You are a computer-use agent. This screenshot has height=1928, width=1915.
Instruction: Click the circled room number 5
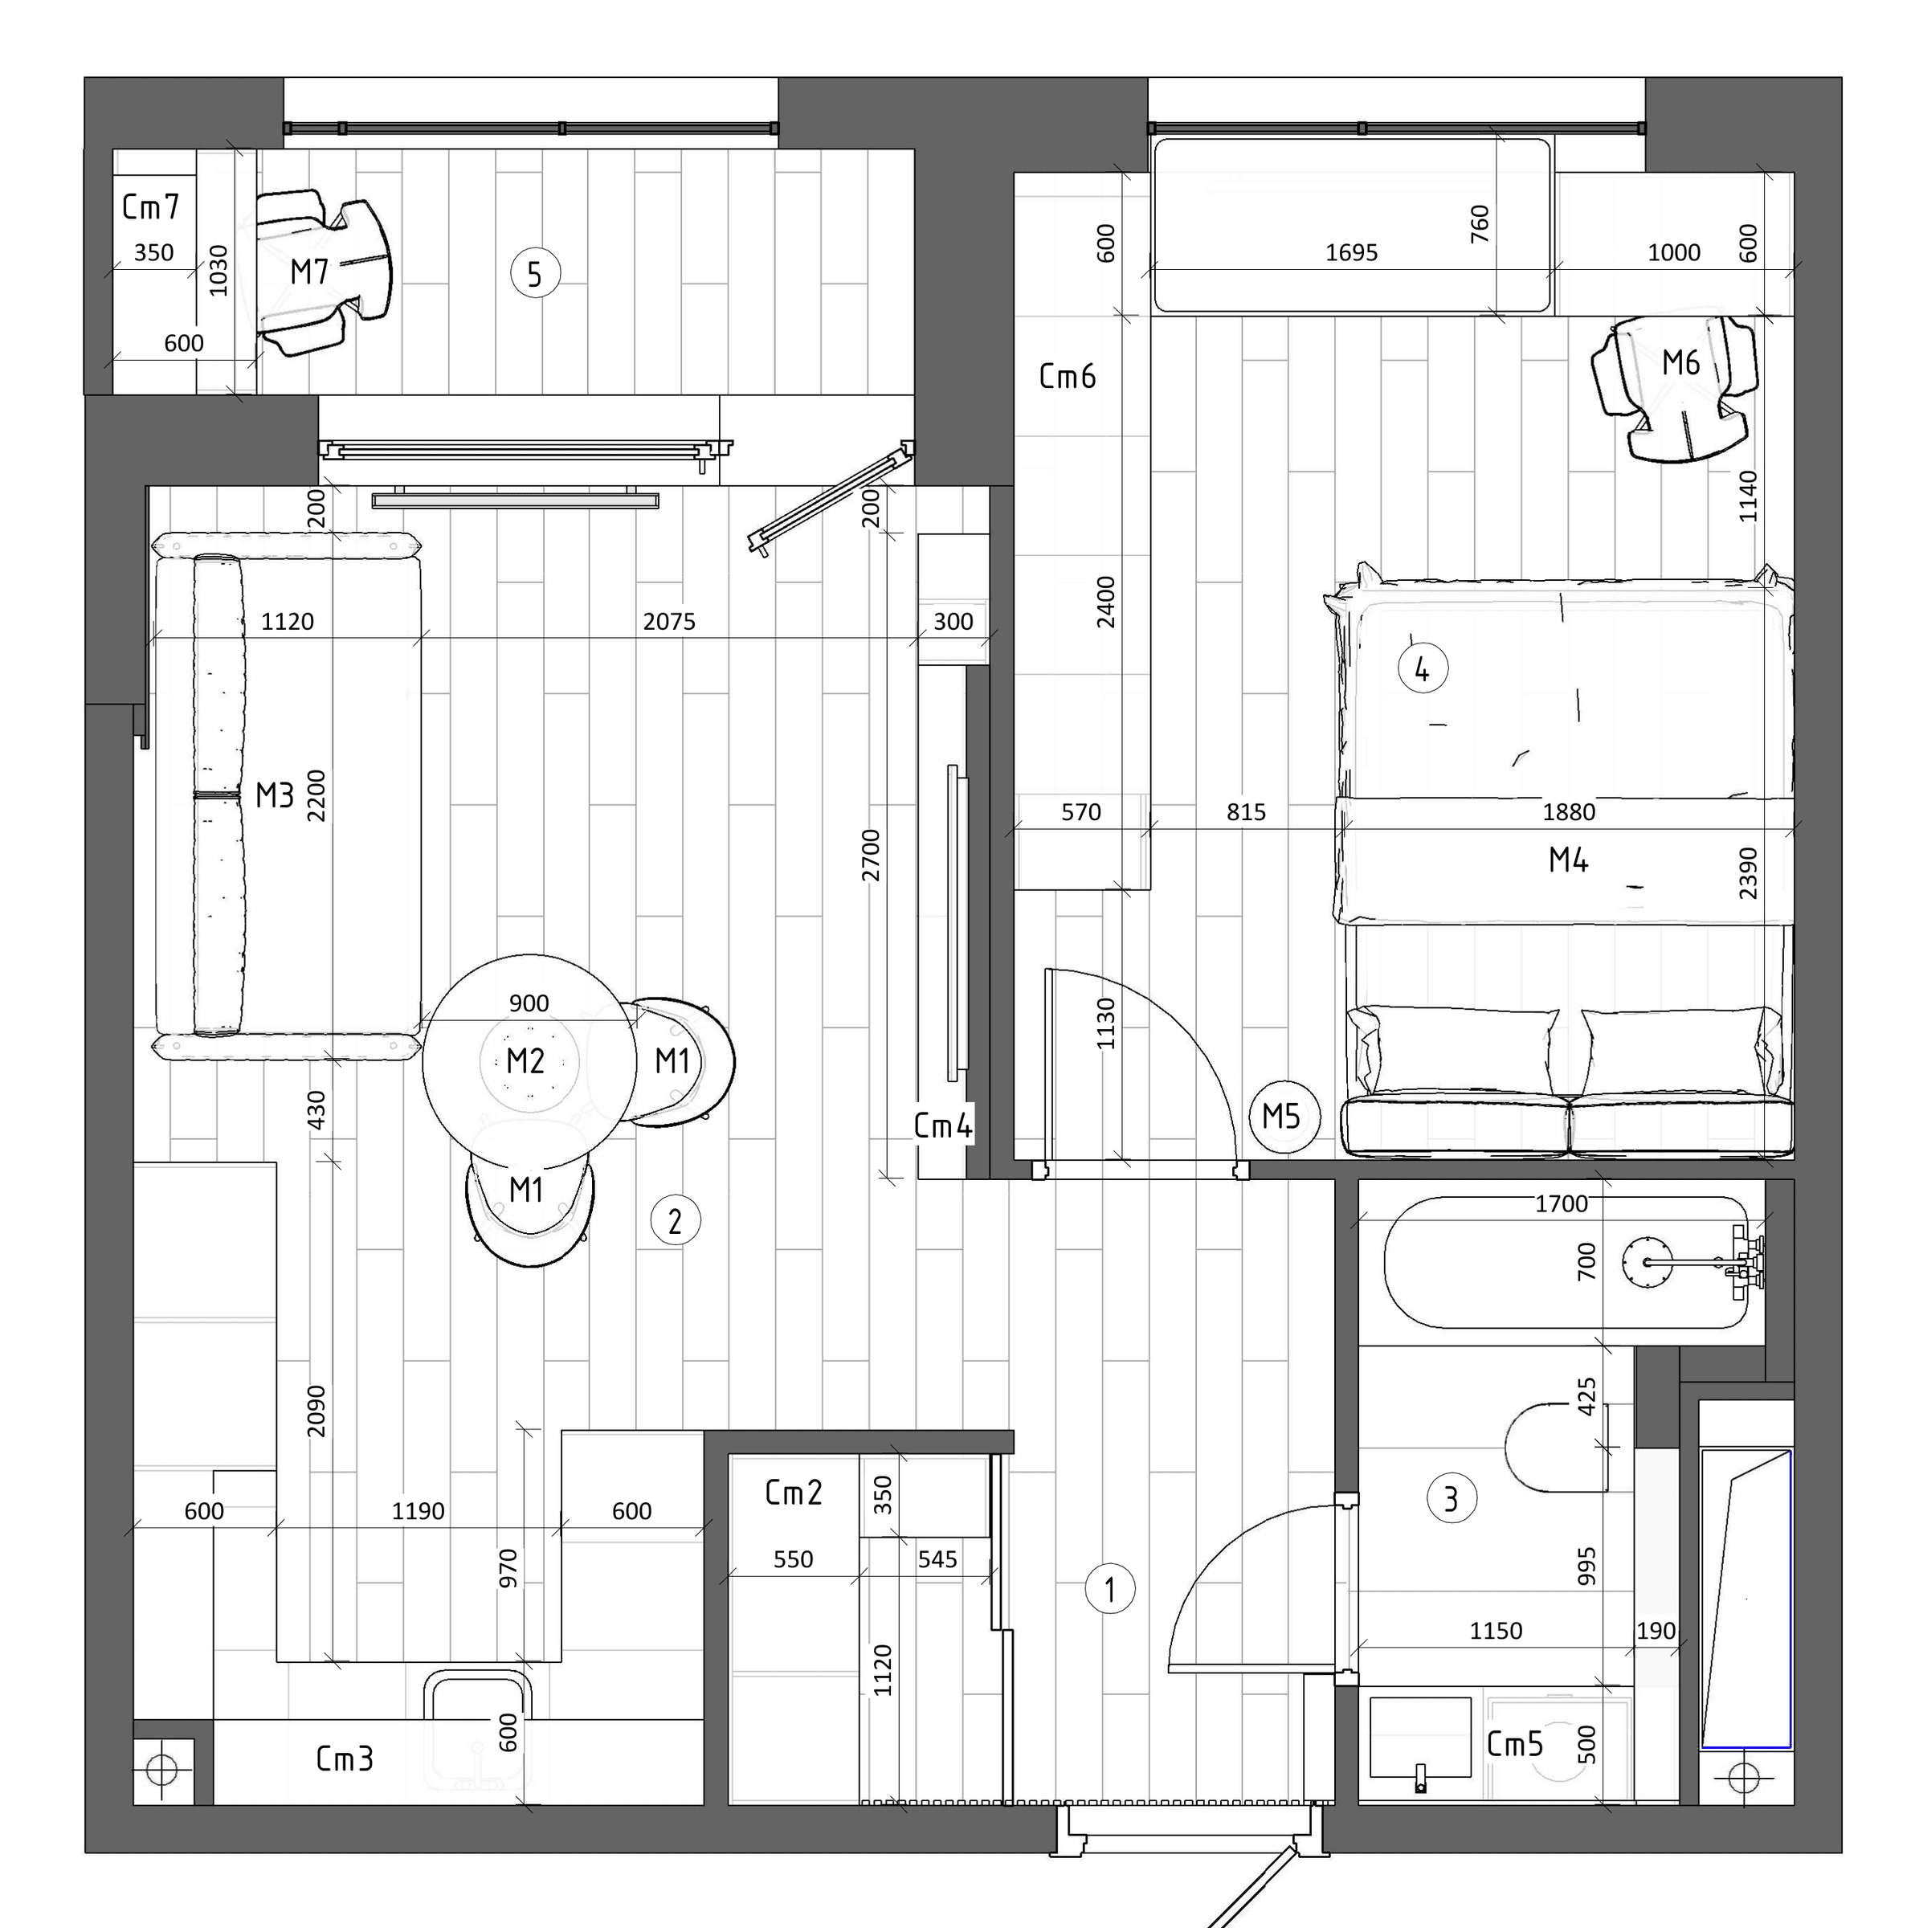[x=535, y=273]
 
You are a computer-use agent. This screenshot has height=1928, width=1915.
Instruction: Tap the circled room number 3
[x=1451, y=1498]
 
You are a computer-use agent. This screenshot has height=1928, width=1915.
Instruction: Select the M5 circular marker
[x=1284, y=1117]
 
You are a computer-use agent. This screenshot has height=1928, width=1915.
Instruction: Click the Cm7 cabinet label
[x=151, y=206]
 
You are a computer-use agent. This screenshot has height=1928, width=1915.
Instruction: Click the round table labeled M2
[x=529, y=1060]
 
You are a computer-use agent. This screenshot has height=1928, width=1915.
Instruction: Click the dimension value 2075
[x=668, y=622]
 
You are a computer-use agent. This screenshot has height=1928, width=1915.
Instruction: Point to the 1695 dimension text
[x=1351, y=252]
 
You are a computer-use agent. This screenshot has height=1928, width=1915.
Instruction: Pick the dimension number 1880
[x=1569, y=812]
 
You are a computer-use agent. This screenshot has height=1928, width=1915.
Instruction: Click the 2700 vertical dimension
[x=872, y=856]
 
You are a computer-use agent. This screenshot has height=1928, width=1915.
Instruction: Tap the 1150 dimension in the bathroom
[x=1496, y=1631]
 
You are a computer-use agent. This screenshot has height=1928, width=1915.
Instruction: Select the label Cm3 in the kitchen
[x=345, y=1758]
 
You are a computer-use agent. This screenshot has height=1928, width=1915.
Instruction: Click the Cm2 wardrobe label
[x=794, y=1492]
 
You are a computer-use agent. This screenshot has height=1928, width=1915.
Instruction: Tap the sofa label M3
[x=275, y=795]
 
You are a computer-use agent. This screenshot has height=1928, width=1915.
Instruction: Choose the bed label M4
[x=1568, y=860]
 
